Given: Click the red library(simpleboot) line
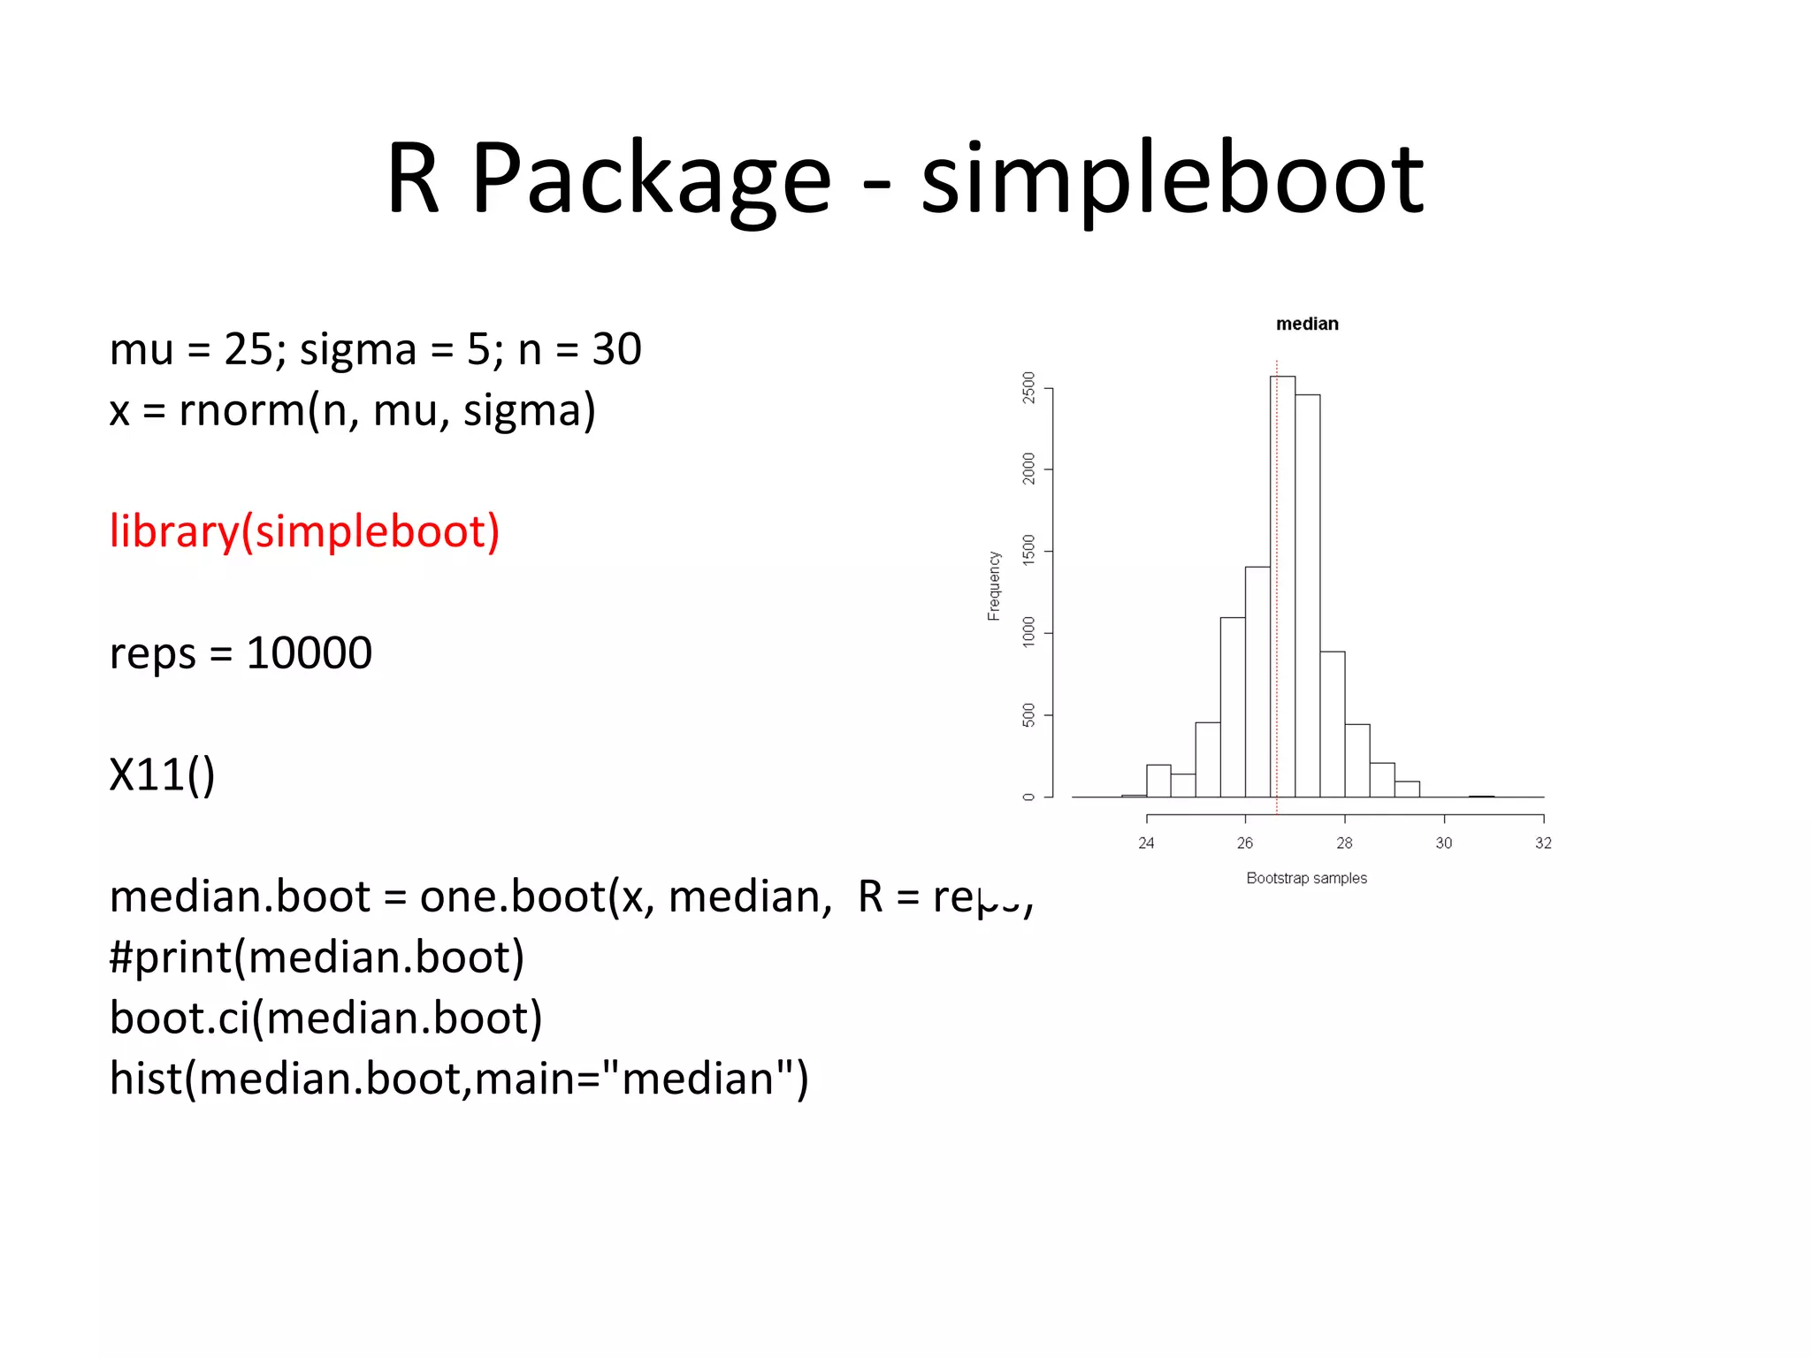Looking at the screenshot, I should pyautogui.click(x=304, y=531).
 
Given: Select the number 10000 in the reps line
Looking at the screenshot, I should pyautogui.click(x=309, y=653).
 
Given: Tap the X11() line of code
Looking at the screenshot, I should pyautogui.click(x=162, y=774).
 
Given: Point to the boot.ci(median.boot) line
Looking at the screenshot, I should pyautogui.click(x=325, y=1018).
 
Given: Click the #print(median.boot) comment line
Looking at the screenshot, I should pyautogui.click(x=317, y=957).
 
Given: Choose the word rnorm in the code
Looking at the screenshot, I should pyautogui.click(x=241, y=410).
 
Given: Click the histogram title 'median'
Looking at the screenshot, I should pyautogui.click(x=1306, y=324).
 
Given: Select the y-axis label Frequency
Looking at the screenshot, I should pyautogui.click(x=994, y=585).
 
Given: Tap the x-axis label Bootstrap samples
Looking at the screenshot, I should pyautogui.click(x=1306, y=878).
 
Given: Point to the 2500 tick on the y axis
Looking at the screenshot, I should pyautogui.click(x=1028, y=387).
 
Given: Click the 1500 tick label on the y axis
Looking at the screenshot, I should pyautogui.click(x=1028, y=551).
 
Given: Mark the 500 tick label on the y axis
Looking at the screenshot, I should pyautogui.click(x=1028, y=714).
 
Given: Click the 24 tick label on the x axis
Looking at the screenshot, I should pyautogui.click(x=1146, y=843).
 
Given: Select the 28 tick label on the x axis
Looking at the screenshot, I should pyautogui.click(x=1344, y=843).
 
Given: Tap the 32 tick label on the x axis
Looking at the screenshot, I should pyautogui.click(x=1543, y=843).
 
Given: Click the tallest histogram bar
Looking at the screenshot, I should pyautogui.click(x=1282, y=584).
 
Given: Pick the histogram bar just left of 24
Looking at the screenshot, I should pyautogui.click(x=1134, y=795).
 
